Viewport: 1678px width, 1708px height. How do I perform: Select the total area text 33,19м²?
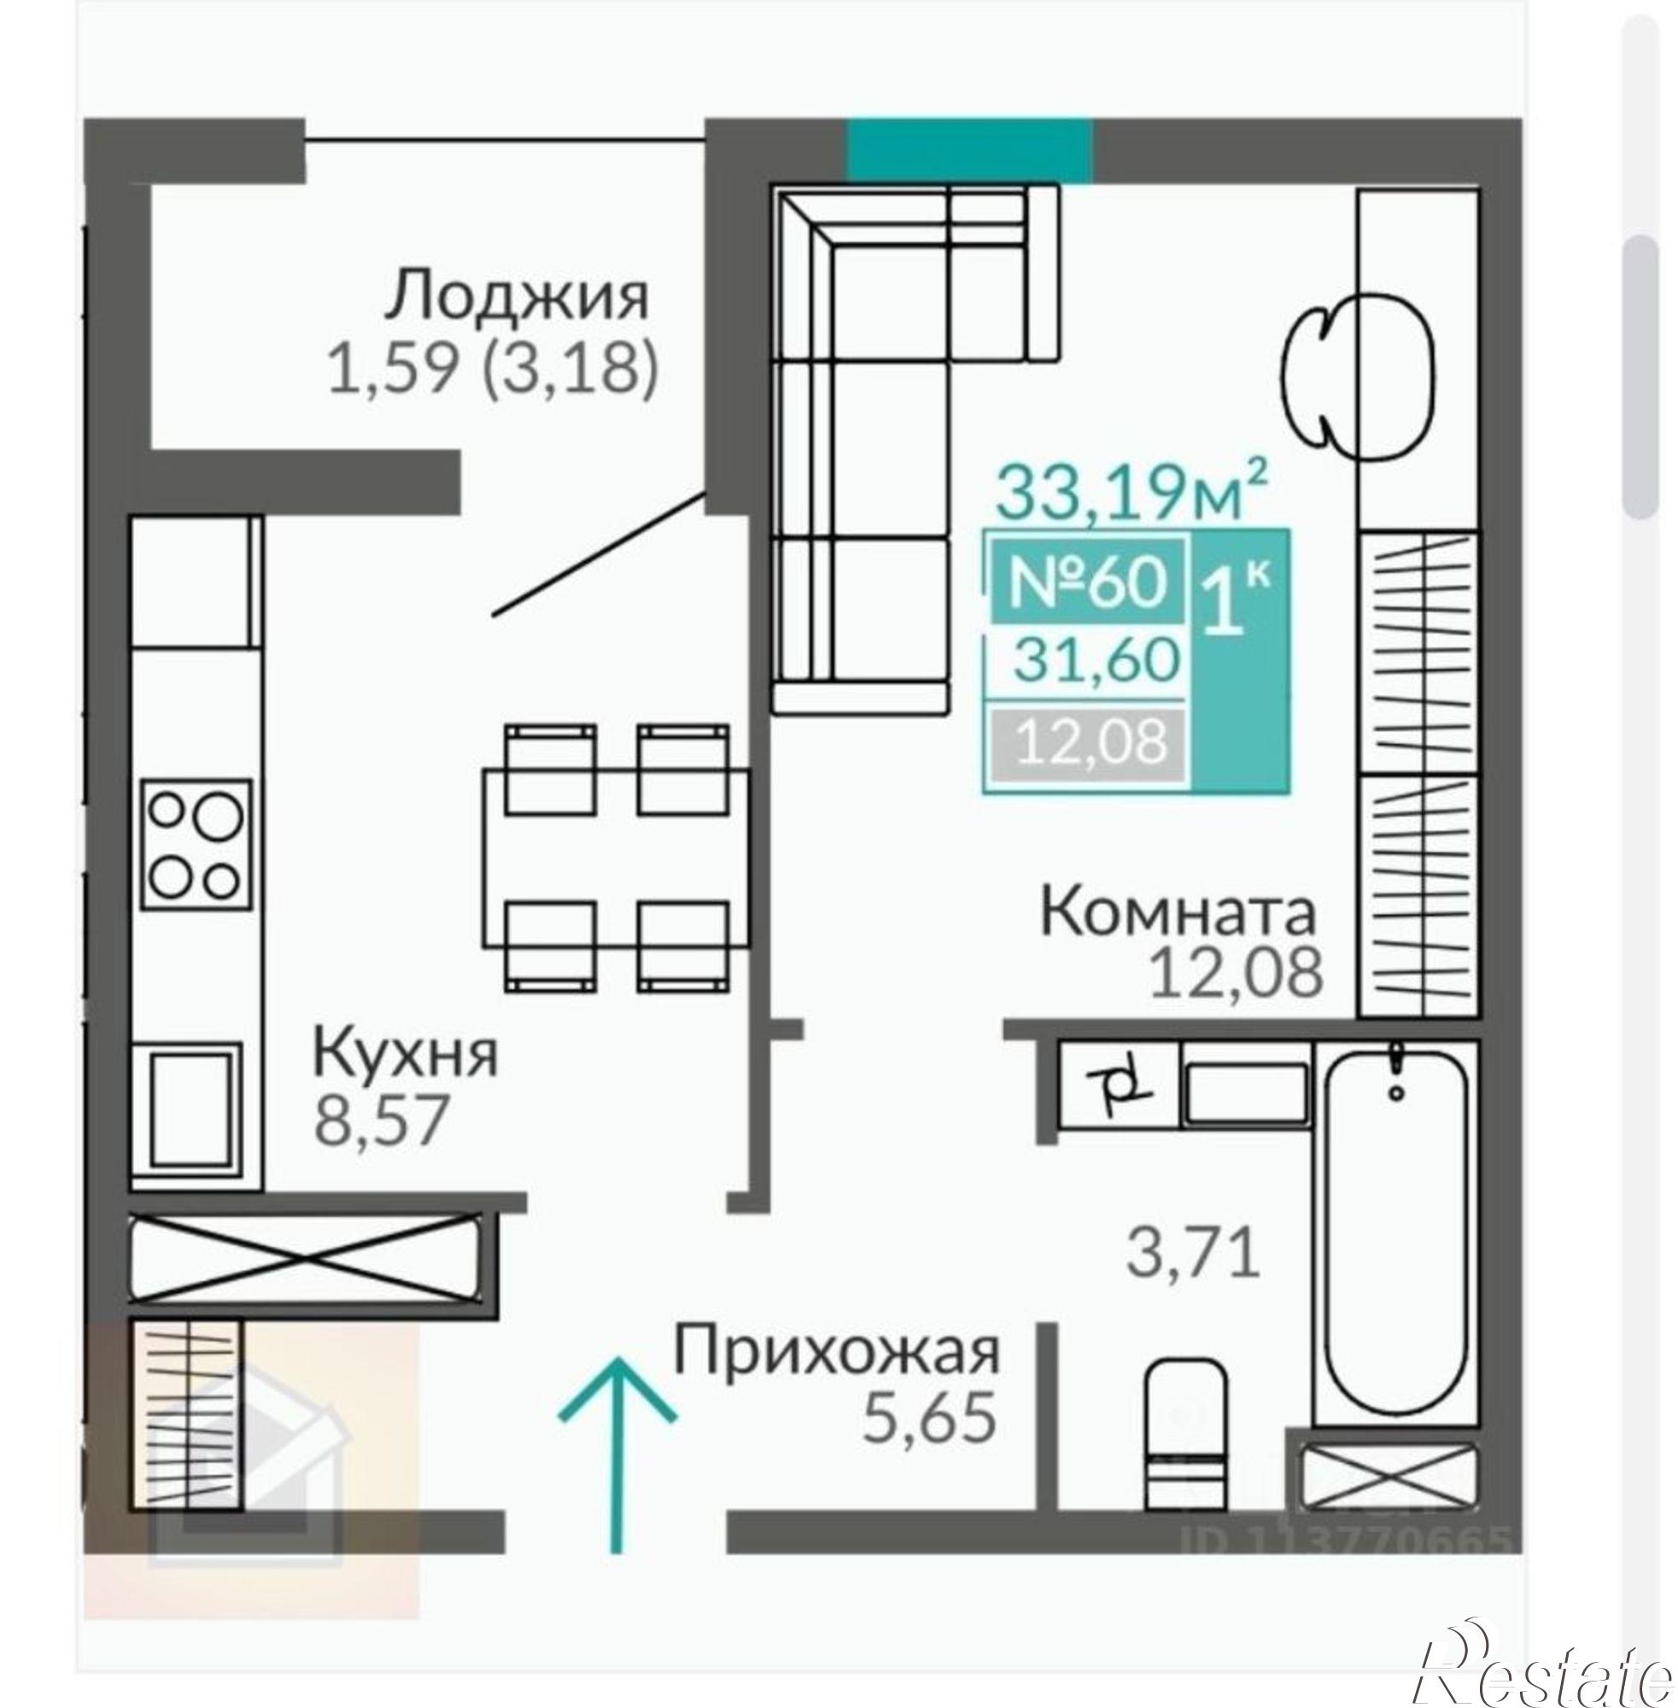[x=1131, y=494]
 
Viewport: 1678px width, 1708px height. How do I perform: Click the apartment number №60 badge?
[x=1088, y=581]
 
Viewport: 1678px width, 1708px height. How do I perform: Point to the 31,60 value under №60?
[x=1096, y=660]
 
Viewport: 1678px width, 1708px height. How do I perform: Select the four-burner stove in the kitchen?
[x=196, y=845]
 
